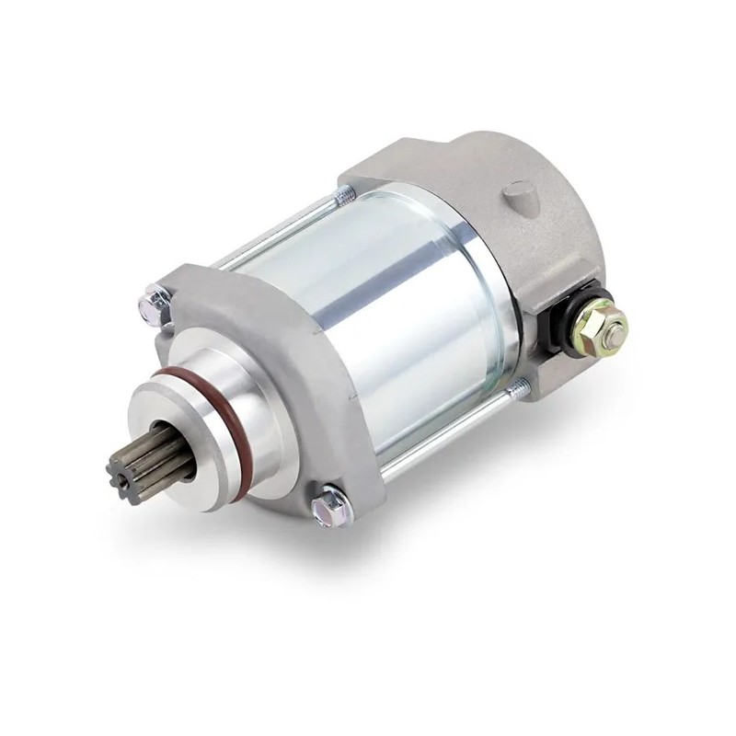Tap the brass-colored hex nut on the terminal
[x=607, y=323]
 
